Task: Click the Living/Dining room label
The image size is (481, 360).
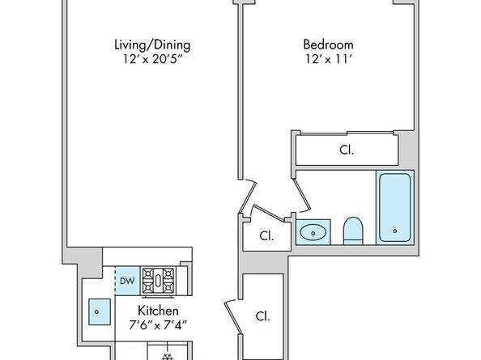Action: (152, 44)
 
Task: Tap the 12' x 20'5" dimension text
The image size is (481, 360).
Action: (152, 59)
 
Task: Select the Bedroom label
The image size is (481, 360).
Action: (328, 44)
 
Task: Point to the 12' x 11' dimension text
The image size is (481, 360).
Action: (328, 59)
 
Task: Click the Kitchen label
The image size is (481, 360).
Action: (158, 311)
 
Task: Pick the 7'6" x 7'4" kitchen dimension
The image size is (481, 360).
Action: (158, 324)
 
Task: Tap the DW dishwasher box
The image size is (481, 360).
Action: (127, 281)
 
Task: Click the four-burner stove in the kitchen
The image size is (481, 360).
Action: (158, 281)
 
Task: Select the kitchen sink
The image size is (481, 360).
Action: (100, 312)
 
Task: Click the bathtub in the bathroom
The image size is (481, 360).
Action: (395, 207)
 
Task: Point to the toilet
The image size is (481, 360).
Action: (353, 231)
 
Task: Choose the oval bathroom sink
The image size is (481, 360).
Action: (313, 233)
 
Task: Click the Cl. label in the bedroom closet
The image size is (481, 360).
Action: (347, 150)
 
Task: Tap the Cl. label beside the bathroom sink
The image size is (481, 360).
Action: (266, 236)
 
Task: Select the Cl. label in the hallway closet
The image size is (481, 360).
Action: (263, 316)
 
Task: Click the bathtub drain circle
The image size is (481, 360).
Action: (395, 231)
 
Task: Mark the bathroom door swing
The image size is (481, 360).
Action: (302, 196)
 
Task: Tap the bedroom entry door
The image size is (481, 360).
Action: (248, 196)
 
